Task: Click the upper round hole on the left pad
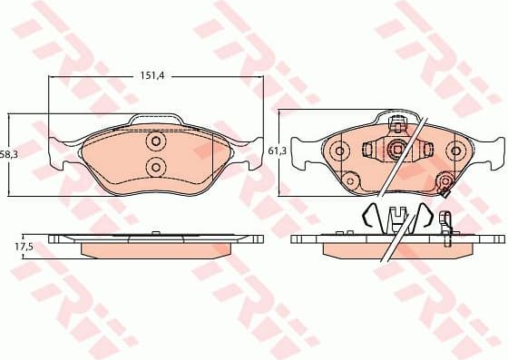155,142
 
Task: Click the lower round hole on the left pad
155,166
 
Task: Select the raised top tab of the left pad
156,121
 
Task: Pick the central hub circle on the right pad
396,151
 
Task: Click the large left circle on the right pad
338,151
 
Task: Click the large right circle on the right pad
454,151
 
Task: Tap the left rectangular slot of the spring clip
370,151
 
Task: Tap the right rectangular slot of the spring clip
422,151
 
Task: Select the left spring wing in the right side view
367,218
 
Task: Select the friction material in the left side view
156,248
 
